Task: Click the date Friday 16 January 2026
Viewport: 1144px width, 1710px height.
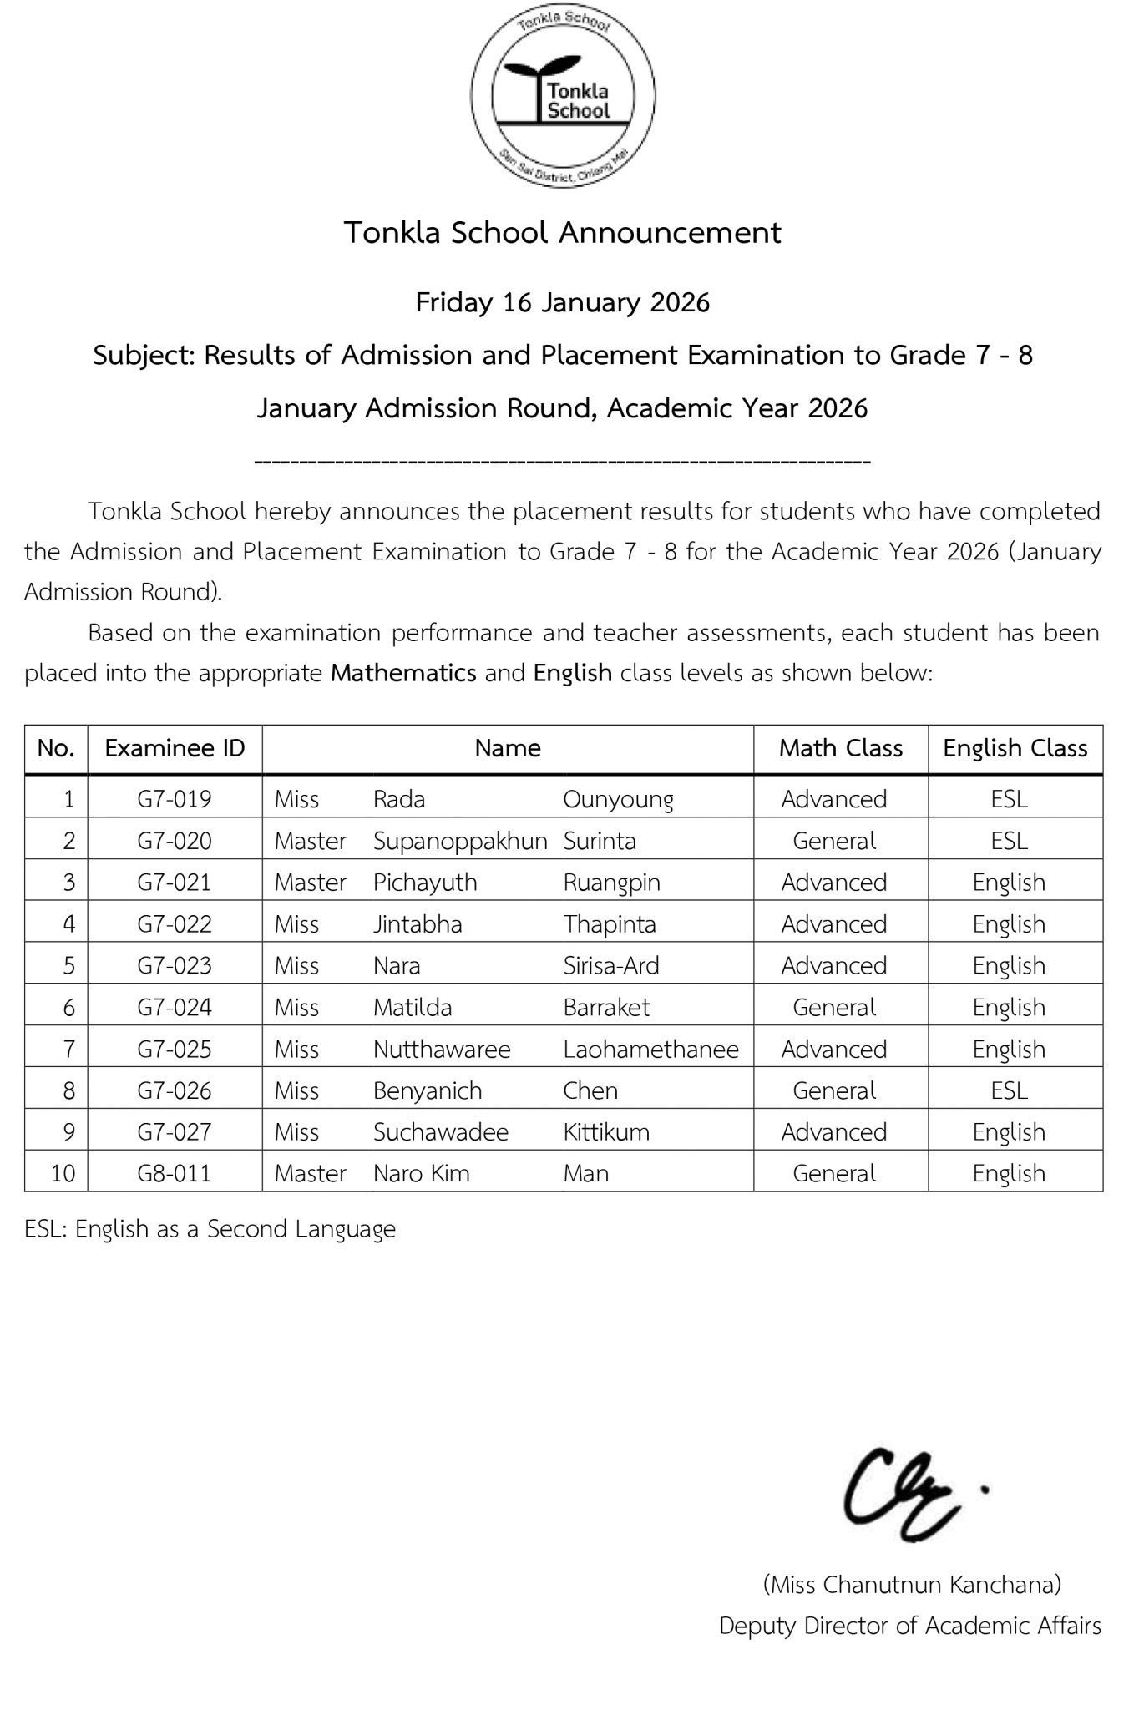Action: coord(563,302)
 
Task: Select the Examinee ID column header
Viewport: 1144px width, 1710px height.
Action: coord(175,748)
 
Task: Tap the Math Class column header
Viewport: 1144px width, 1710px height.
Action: coord(840,748)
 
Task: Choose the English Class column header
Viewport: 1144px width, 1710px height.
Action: coord(1015,748)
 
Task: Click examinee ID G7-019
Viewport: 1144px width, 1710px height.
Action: coord(175,799)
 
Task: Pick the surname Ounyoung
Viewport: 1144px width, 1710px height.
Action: coord(618,799)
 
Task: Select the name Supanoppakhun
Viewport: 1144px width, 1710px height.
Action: coord(460,841)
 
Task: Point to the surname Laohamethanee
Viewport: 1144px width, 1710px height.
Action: coord(650,1049)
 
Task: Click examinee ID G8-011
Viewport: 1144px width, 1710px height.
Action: coord(175,1173)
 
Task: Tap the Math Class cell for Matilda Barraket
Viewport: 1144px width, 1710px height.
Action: coord(834,1007)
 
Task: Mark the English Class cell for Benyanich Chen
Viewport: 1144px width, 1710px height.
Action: coord(1009,1090)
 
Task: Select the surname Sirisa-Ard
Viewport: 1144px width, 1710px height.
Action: coord(611,965)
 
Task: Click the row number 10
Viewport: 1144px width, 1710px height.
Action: coord(63,1173)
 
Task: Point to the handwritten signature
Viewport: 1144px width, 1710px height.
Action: coord(906,1495)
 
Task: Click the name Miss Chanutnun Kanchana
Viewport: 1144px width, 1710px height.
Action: coord(912,1584)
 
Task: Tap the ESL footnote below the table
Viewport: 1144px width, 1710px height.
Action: coord(210,1229)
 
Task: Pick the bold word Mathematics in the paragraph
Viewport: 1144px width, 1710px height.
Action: coord(403,673)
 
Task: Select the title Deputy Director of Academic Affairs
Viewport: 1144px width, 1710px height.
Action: coord(910,1626)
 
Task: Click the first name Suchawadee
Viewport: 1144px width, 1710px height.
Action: coord(441,1131)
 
